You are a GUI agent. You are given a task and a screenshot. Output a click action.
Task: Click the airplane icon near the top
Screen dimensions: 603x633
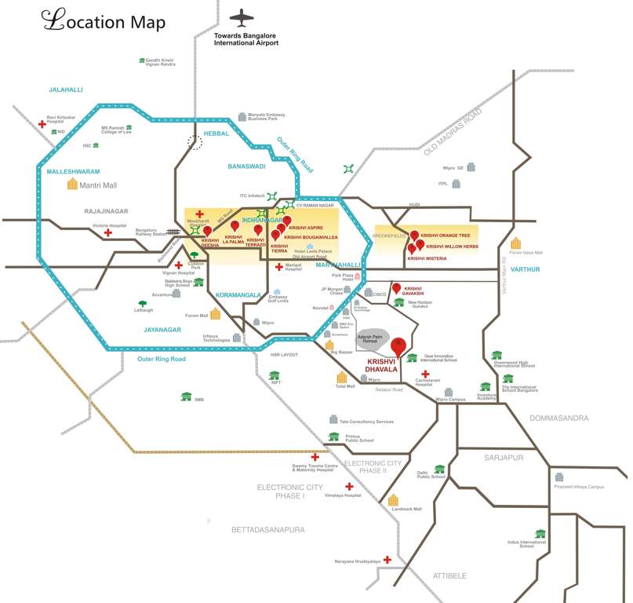pyautogui.click(x=243, y=18)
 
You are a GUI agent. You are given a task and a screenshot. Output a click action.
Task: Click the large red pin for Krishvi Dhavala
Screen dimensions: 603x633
pyautogui.click(x=399, y=347)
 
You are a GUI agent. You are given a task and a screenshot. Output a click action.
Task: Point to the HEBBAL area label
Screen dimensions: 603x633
pyautogui.click(x=216, y=134)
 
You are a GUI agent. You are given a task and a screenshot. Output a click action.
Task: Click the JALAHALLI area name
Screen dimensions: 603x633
pyautogui.click(x=65, y=90)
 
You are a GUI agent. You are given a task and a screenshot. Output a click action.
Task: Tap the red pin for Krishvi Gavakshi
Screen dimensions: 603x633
pyautogui.click(x=396, y=288)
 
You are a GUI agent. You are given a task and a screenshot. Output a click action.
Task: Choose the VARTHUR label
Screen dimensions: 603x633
pyautogui.click(x=525, y=269)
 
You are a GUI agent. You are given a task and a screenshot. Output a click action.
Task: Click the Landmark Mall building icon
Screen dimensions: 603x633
pyautogui.click(x=393, y=500)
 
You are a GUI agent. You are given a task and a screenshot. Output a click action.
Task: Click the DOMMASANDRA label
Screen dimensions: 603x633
pyautogui.click(x=558, y=418)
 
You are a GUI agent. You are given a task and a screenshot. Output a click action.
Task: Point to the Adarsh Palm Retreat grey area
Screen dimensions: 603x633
pyautogui.click(x=373, y=338)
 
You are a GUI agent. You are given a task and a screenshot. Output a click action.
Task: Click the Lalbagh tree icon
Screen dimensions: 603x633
pyautogui.click(x=142, y=303)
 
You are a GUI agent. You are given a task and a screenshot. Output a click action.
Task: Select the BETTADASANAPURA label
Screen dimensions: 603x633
pyautogui.click(x=267, y=530)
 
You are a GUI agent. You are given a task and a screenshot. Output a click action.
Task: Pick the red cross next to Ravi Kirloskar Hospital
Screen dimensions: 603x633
pyautogui.click(x=42, y=123)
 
